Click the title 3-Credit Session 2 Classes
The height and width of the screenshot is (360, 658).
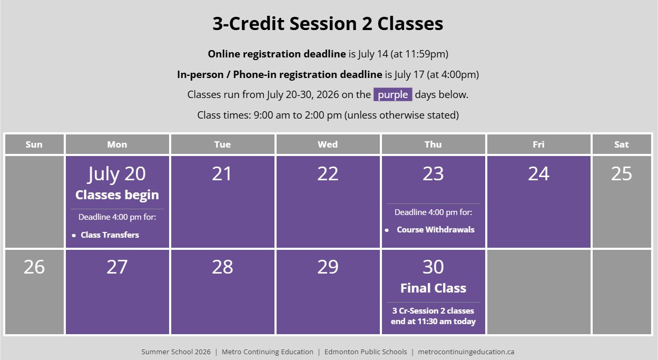(x=328, y=24)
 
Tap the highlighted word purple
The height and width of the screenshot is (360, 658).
(x=392, y=95)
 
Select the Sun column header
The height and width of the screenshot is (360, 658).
(x=34, y=144)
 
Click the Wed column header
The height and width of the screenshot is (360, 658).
(x=328, y=144)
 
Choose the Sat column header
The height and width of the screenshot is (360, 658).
(x=622, y=144)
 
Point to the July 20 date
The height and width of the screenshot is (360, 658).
(x=116, y=174)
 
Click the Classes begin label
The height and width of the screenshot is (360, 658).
(x=117, y=195)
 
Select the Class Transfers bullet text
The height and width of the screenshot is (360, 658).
(x=110, y=235)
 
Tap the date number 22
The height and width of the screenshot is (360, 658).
(x=328, y=173)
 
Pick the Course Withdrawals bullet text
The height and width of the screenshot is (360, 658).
(x=436, y=229)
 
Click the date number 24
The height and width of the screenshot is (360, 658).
(x=539, y=173)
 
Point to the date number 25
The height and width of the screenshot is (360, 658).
(x=622, y=173)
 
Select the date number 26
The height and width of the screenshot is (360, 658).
(x=34, y=267)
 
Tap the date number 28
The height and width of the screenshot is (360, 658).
(x=222, y=267)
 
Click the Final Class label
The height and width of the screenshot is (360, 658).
(x=433, y=288)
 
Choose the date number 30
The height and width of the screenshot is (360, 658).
(x=433, y=267)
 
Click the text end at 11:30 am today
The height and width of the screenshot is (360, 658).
(x=433, y=321)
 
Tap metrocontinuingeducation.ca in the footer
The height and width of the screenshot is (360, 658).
(x=466, y=352)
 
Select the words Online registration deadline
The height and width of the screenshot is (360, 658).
(x=277, y=54)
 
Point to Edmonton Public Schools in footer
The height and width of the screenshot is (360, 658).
(x=366, y=352)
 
